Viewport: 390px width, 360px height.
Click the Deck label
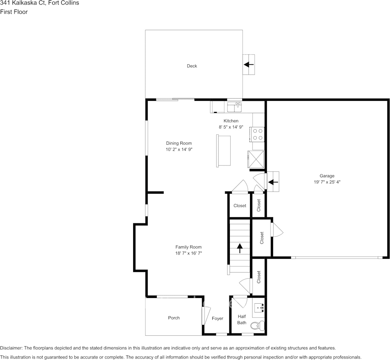192,66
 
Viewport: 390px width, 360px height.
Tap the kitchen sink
234,107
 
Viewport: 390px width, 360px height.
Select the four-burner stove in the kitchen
257,134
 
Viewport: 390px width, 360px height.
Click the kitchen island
223,151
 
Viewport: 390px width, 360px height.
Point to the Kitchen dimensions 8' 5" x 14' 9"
231,127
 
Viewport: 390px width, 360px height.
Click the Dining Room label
179,143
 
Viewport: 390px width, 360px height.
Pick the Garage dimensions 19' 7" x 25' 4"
327,182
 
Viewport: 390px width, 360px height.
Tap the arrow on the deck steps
248,64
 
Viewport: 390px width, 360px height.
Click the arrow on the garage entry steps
273,182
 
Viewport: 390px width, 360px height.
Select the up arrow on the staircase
240,248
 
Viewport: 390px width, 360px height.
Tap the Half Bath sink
259,308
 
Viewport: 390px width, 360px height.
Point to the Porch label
174,318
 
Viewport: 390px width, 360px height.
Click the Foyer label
217,318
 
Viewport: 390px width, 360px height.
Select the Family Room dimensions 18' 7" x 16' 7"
188,253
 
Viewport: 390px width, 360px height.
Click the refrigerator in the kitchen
256,159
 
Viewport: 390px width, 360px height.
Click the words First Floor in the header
14,12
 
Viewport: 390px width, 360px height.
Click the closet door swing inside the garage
278,229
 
